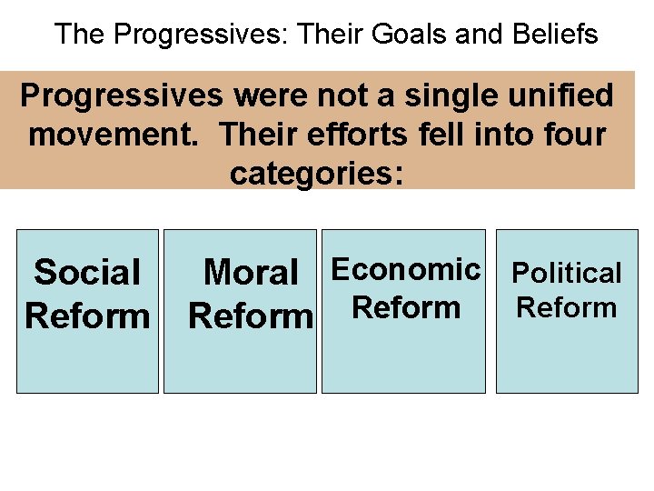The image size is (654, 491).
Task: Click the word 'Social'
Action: click(87, 272)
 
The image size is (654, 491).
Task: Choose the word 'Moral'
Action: click(251, 272)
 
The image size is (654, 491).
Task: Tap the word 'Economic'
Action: click(406, 269)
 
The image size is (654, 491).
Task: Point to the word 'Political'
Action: click(567, 273)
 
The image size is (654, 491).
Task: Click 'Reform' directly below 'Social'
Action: click(87, 316)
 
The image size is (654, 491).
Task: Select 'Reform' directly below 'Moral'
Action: click(251, 316)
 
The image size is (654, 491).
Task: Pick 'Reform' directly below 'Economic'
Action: click(406, 307)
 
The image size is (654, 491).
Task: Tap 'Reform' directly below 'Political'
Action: click(567, 307)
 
